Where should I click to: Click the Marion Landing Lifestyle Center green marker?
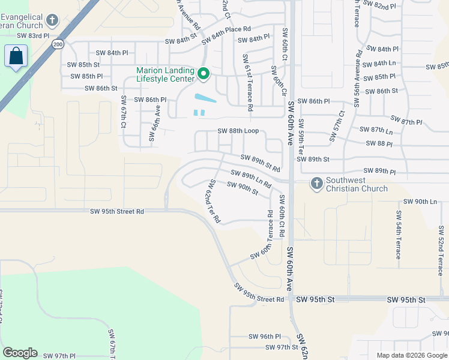point(203,74)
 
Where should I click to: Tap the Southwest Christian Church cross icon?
point(317,184)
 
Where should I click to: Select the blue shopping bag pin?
point(16,57)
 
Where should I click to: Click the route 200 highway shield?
point(58,44)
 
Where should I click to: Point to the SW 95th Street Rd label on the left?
point(117,211)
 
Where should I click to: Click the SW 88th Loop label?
point(238,131)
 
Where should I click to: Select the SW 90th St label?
point(243,188)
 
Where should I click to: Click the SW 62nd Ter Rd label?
point(214,201)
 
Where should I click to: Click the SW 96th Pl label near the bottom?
point(264,337)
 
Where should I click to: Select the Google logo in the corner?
point(20,353)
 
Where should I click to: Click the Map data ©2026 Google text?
point(411,355)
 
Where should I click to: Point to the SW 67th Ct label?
point(123,112)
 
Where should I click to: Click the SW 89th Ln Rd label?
point(252,178)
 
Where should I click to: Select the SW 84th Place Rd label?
point(226,34)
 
